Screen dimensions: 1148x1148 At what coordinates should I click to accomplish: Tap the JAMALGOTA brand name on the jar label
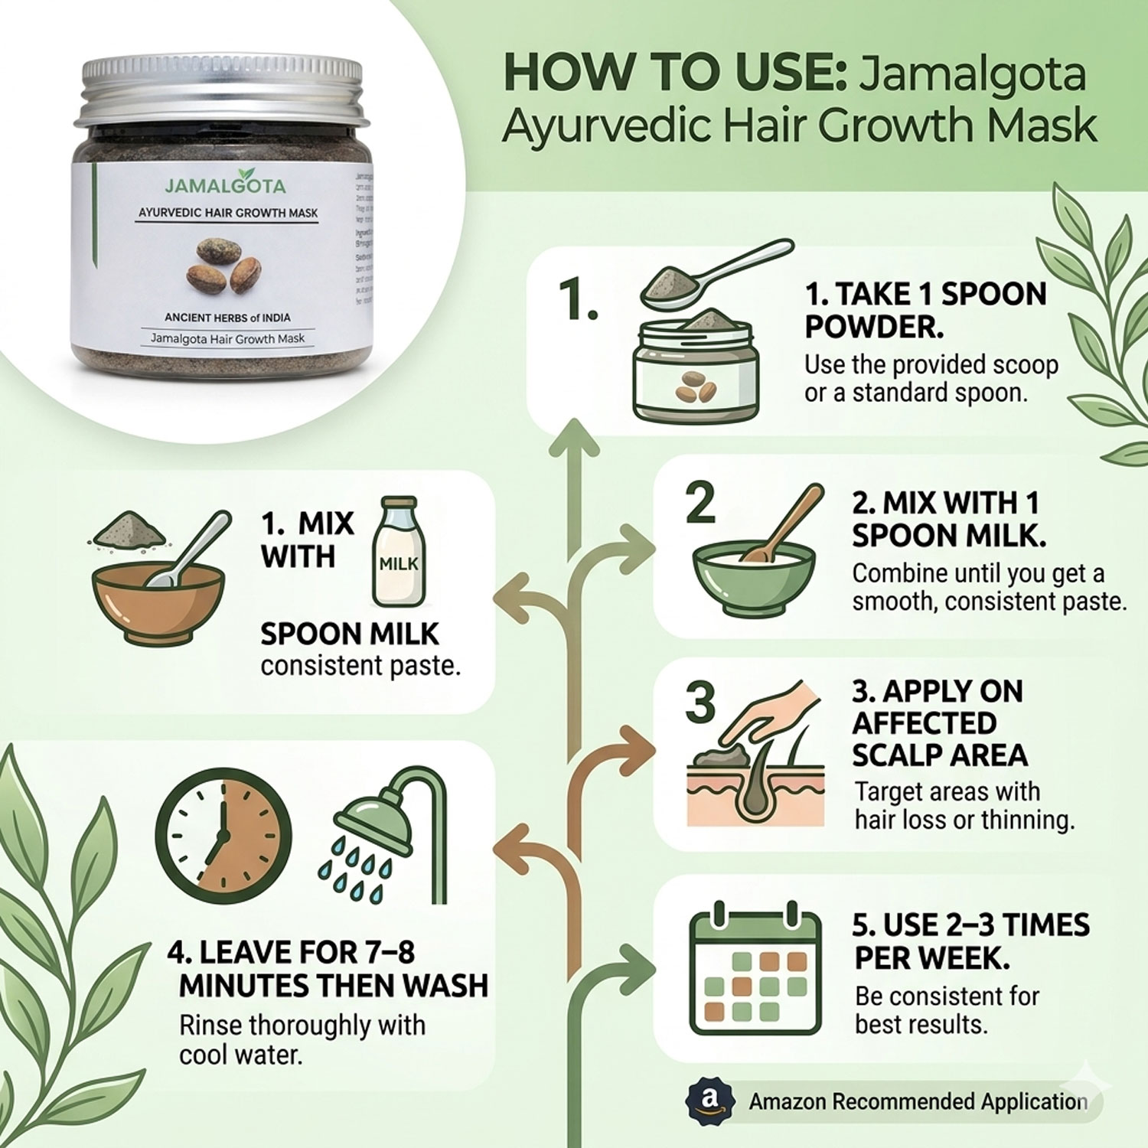(225, 184)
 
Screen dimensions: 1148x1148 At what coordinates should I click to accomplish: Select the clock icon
(223, 836)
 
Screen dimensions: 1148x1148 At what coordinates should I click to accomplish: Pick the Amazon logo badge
(710, 1100)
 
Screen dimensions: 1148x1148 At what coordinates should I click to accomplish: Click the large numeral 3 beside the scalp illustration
(700, 702)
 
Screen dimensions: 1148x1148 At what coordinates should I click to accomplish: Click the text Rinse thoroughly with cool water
(302, 1039)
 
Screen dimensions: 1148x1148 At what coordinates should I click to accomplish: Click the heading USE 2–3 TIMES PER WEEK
(970, 941)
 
